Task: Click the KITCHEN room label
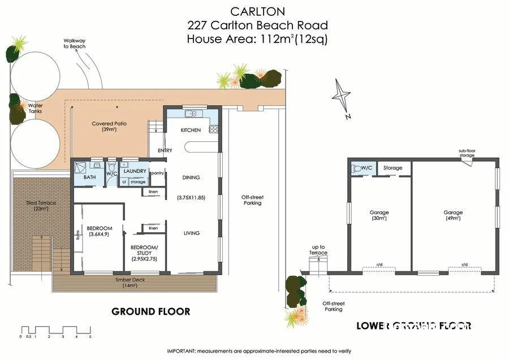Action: pos(191,131)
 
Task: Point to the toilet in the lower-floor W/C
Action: pos(357,168)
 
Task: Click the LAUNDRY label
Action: pos(135,171)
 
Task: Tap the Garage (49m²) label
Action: pos(453,215)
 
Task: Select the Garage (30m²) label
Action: pos(379,215)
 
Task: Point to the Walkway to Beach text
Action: pos(74,44)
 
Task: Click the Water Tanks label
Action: pos(35,109)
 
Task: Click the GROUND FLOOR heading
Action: pos(150,311)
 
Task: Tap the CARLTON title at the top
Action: pos(257,11)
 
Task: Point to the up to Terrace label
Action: pos(319,250)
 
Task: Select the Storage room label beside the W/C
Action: pos(392,168)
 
